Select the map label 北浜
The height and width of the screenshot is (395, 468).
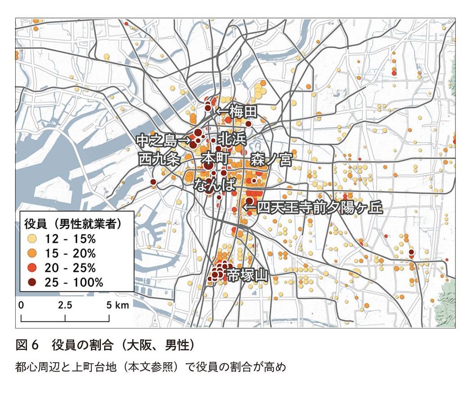(x=232, y=139)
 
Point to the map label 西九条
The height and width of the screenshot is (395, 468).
(x=159, y=159)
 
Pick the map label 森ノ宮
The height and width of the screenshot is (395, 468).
(x=271, y=159)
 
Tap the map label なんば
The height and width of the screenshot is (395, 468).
(x=215, y=185)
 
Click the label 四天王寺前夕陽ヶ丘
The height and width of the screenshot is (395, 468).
(x=318, y=208)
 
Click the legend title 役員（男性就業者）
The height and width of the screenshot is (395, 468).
(x=74, y=222)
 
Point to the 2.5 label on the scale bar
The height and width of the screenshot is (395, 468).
(x=65, y=305)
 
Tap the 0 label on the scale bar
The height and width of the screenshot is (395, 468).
(x=21, y=305)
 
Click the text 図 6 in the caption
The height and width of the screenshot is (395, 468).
(x=28, y=346)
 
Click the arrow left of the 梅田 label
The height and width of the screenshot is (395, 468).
(x=222, y=111)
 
